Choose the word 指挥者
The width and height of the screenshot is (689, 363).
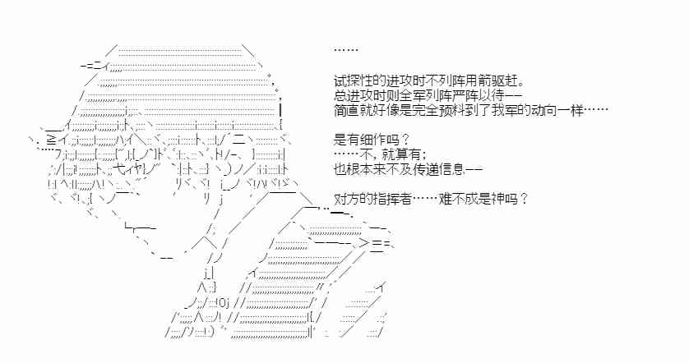pos(400,198)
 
